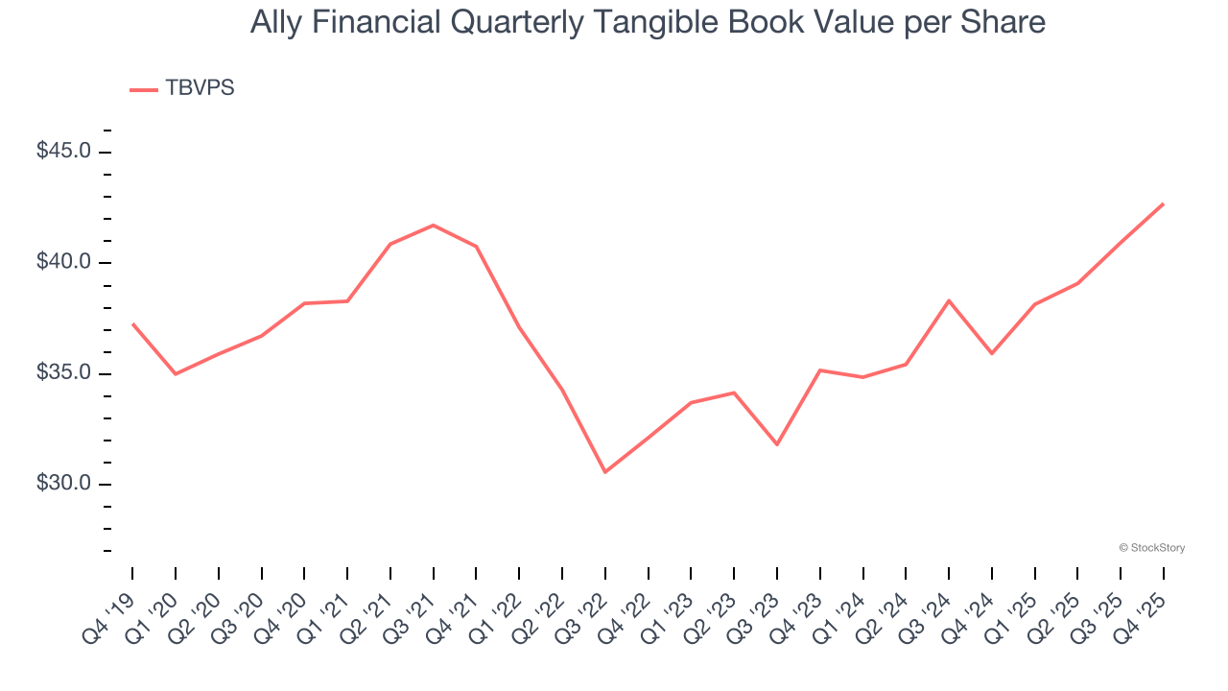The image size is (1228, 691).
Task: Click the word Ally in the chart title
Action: (273, 22)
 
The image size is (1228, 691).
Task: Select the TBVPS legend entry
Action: (182, 88)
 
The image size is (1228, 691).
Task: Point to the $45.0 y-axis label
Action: (63, 152)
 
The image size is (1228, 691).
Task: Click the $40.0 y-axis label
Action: (63, 262)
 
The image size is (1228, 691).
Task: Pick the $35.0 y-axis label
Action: (63, 372)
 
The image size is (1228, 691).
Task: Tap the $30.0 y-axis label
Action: (63, 483)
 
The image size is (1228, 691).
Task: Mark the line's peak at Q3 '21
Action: (433, 226)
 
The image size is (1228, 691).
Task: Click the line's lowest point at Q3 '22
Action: (605, 472)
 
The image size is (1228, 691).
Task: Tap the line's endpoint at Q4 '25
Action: (1164, 203)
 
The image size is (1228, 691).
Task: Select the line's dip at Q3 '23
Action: (777, 444)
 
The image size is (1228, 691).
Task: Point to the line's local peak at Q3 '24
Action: (949, 300)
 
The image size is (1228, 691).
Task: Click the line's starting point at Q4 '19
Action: (132, 324)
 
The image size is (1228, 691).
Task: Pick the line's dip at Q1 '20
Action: (175, 373)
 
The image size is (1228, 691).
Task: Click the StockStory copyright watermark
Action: (1151, 548)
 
